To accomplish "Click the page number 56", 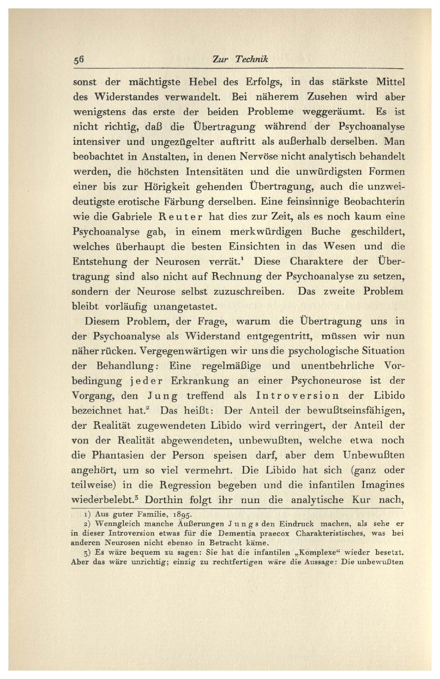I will (x=78, y=60).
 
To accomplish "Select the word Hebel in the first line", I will (x=202, y=82).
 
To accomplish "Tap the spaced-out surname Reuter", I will (x=181, y=217).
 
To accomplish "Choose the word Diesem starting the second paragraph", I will (x=103, y=321).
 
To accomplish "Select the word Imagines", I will (x=382, y=485).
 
